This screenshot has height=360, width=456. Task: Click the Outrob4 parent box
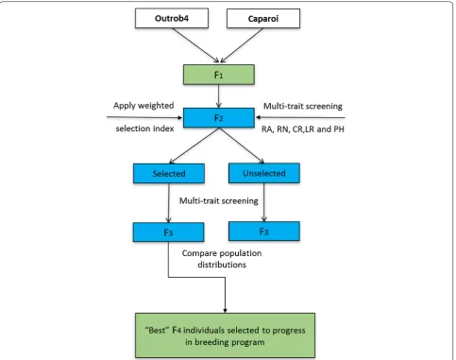click(x=172, y=18)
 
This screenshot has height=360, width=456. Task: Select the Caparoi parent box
click(x=263, y=19)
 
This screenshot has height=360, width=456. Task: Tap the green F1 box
click(x=219, y=75)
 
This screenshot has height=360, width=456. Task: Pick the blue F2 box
click(x=219, y=118)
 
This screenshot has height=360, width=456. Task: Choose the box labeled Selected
click(x=169, y=173)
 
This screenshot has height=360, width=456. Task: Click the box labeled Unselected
click(x=264, y=173)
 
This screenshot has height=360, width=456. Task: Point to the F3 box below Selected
click(x=168, y=232)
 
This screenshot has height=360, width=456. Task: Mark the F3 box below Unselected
click(x=264, y=231)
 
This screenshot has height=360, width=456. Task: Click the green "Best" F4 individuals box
click(x=225, y=335)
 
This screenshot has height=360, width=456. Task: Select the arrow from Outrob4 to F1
click(x=195, y=45)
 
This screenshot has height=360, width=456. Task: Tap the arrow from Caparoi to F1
click(x=242, y=45)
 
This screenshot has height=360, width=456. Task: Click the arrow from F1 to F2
click(x=219, y=96)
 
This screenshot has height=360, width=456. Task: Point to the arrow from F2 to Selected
click(x=194, y=146)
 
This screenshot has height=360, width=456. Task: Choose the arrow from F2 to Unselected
click(x=242, y=146)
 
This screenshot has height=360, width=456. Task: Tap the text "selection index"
click(x=144, y=129)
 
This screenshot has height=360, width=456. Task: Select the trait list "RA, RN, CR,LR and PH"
click(x=303, y=129)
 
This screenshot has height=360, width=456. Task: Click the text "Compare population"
click(x=222, y=253)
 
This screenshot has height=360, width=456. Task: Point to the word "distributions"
click(x=222, y=265)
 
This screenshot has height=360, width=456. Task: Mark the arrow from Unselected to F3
click(x=264, y=202)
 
